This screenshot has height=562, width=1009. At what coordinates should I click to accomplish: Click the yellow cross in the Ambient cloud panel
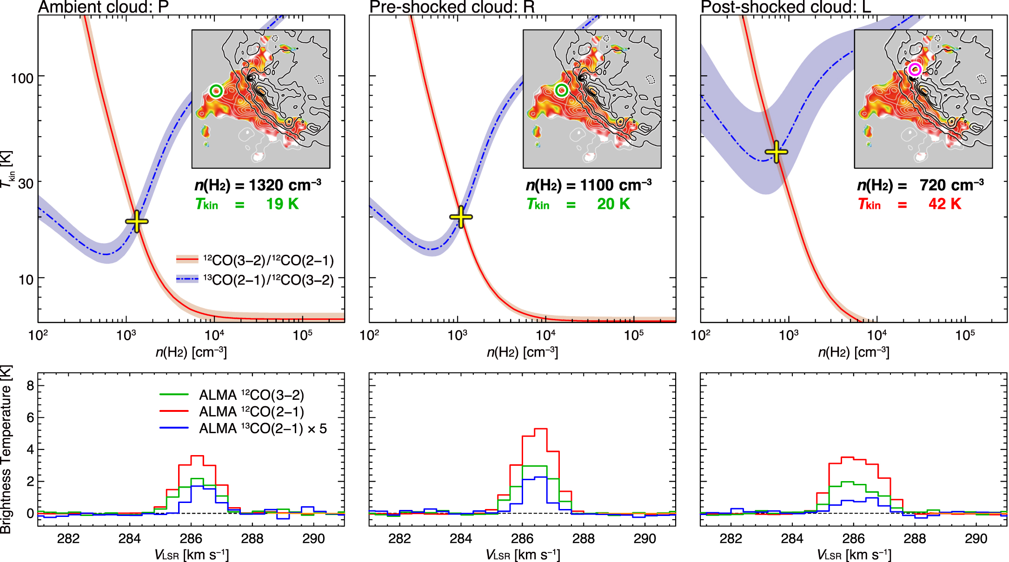tap(137, 221)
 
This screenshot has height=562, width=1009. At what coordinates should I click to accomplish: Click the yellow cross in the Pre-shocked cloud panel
tap(461, 217)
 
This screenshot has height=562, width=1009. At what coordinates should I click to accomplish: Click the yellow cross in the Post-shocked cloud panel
tap(776, 152)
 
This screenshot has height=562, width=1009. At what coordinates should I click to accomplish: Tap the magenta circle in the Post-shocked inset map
tap(915, 70)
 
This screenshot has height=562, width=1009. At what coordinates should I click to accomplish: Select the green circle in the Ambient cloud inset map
tap(216, 91)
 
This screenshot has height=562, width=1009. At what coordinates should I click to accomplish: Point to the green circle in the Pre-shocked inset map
tap(561, 90)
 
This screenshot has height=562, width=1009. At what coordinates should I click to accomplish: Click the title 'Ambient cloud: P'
tap(103, 7)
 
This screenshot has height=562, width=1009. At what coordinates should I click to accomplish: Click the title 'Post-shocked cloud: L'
tap(785, 7)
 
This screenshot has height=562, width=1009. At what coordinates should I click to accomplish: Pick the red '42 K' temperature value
tap(944, 204)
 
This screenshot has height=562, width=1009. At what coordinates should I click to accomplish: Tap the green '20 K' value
tap(613, 204)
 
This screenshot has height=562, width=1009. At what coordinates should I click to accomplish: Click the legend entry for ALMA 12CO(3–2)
tap(251, 395)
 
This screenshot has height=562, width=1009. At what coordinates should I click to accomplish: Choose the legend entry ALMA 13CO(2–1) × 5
tap(263, 429)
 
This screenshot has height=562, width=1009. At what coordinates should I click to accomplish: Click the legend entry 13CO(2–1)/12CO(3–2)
tap(268, 280)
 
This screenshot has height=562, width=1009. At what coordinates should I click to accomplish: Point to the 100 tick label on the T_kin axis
tap(22, 78)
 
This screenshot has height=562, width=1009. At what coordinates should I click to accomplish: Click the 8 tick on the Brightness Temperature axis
tap(30, 385)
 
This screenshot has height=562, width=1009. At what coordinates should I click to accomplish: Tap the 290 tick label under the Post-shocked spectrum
tap(976, 539)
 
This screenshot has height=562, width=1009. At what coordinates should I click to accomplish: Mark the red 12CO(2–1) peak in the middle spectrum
tap(541, 429)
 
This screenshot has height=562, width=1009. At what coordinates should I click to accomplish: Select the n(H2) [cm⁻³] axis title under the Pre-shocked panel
tap(522, 352)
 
